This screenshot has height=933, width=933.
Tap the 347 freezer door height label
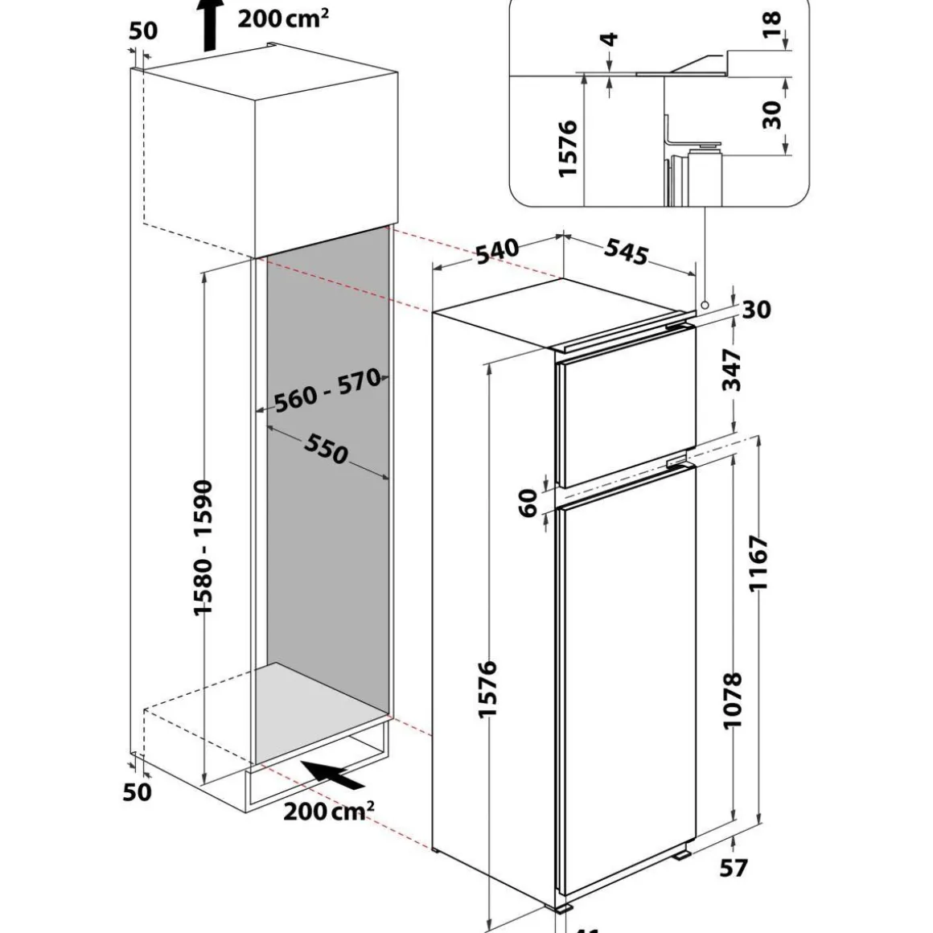coord(732,370)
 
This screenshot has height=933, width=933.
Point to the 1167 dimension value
coord(759,563)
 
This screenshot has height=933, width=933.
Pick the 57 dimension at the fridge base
coord(734,868)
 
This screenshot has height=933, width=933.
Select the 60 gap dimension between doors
coord(528,504)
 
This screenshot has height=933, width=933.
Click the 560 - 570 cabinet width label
coord(327,392)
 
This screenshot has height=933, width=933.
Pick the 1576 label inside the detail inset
coord(568,148)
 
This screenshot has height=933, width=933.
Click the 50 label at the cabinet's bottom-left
coord(138,791)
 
